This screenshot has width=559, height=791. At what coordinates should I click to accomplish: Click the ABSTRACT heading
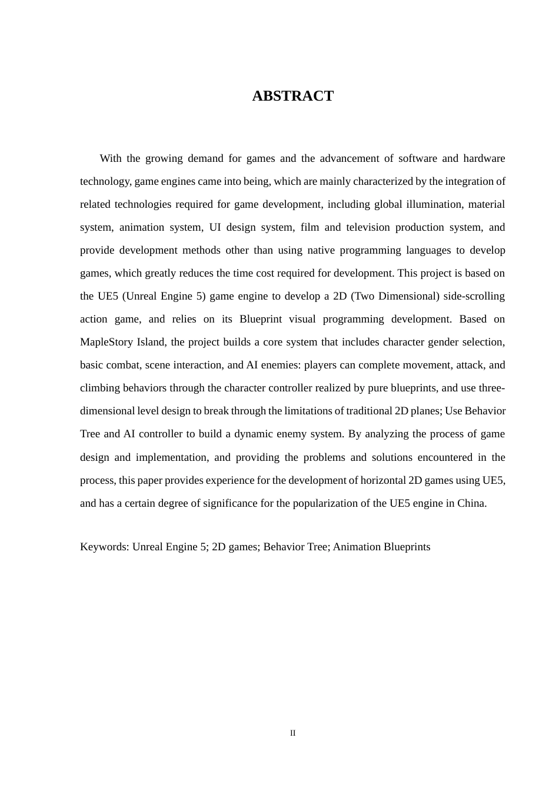(292, 96)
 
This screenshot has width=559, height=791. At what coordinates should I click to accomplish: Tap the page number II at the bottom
(292, 733)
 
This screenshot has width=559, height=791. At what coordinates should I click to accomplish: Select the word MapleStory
(106, 342)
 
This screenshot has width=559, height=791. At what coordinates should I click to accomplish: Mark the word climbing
(100, 388)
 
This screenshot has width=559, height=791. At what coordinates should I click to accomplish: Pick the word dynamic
(254, 434)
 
